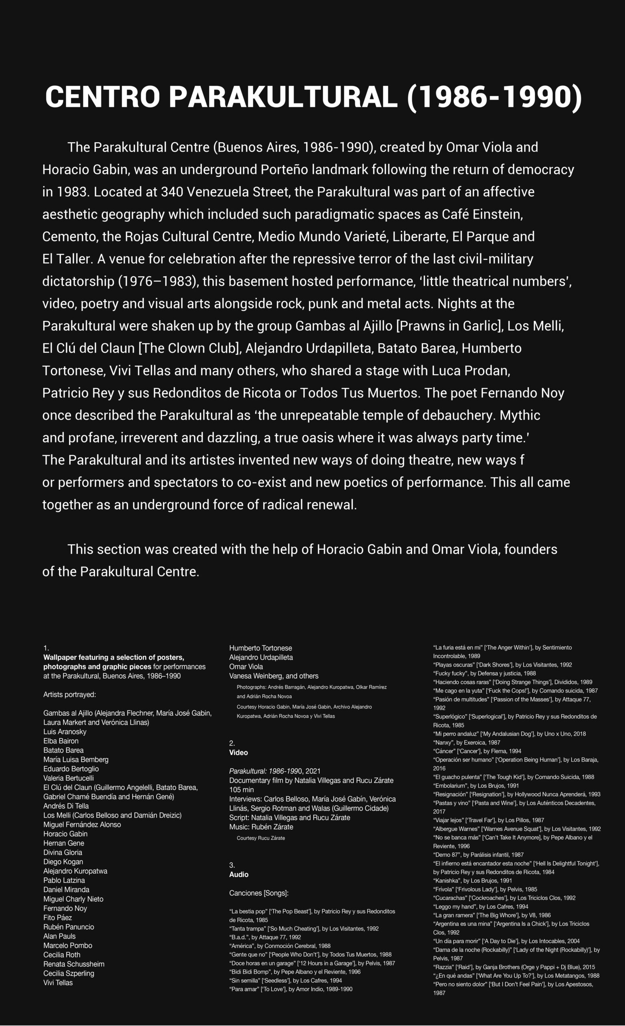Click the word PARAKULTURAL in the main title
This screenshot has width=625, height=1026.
283,97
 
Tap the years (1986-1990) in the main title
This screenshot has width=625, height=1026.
494,97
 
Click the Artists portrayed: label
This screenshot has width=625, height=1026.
69,695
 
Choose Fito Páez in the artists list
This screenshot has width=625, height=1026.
57,917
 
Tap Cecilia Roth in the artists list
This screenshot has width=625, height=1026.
62,954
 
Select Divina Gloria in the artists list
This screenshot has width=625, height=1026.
62,852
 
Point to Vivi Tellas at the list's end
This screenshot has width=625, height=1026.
58,982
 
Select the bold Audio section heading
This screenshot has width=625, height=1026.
239,875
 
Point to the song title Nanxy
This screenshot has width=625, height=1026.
443,742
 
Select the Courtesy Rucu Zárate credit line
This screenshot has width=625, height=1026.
261,838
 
